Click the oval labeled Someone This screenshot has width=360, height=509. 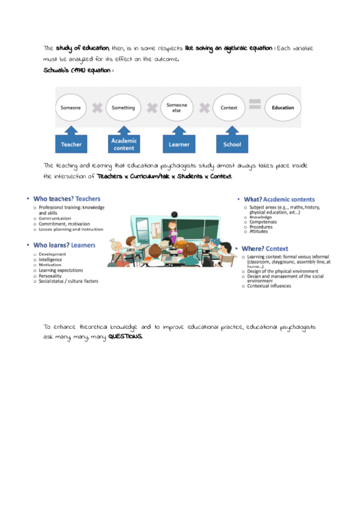pyautogui.click(x=71, y=108)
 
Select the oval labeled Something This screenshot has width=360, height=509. pyautogui.click(x=124, y=108)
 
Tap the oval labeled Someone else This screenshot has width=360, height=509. pyautogui.click(x=177, y=108)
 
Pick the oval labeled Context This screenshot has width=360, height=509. pyautogui.click(x=229, y=108)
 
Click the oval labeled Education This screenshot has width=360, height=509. pyautogui.click(x=283, y=108)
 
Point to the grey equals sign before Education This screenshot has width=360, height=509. pyautogui.click(x=255, y=104)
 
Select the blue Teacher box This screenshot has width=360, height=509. pyautogui.click(x=71, y=145)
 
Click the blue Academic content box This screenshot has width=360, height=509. pyautogui.click(x=124, y=145)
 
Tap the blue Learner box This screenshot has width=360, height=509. pyautogui.click(x=179, y=145)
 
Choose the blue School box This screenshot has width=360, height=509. pyautogui.click(x=232, y=145)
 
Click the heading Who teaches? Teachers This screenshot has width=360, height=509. pyautogui.click(x=67, y=199)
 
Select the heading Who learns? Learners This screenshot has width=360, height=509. pyautogui.click(x=64, y=245)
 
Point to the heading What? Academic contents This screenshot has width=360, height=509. pyautogui.click(x=279, y=199)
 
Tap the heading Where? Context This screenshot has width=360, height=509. pyautogui.click(x=265, y=248)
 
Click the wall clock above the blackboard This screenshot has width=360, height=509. pyautogui.click(x=174, y=214)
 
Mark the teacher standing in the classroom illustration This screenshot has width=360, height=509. pyautogui.click(x=173, y=230)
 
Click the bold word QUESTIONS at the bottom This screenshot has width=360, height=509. pyautogui.click(x=126, y=337)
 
